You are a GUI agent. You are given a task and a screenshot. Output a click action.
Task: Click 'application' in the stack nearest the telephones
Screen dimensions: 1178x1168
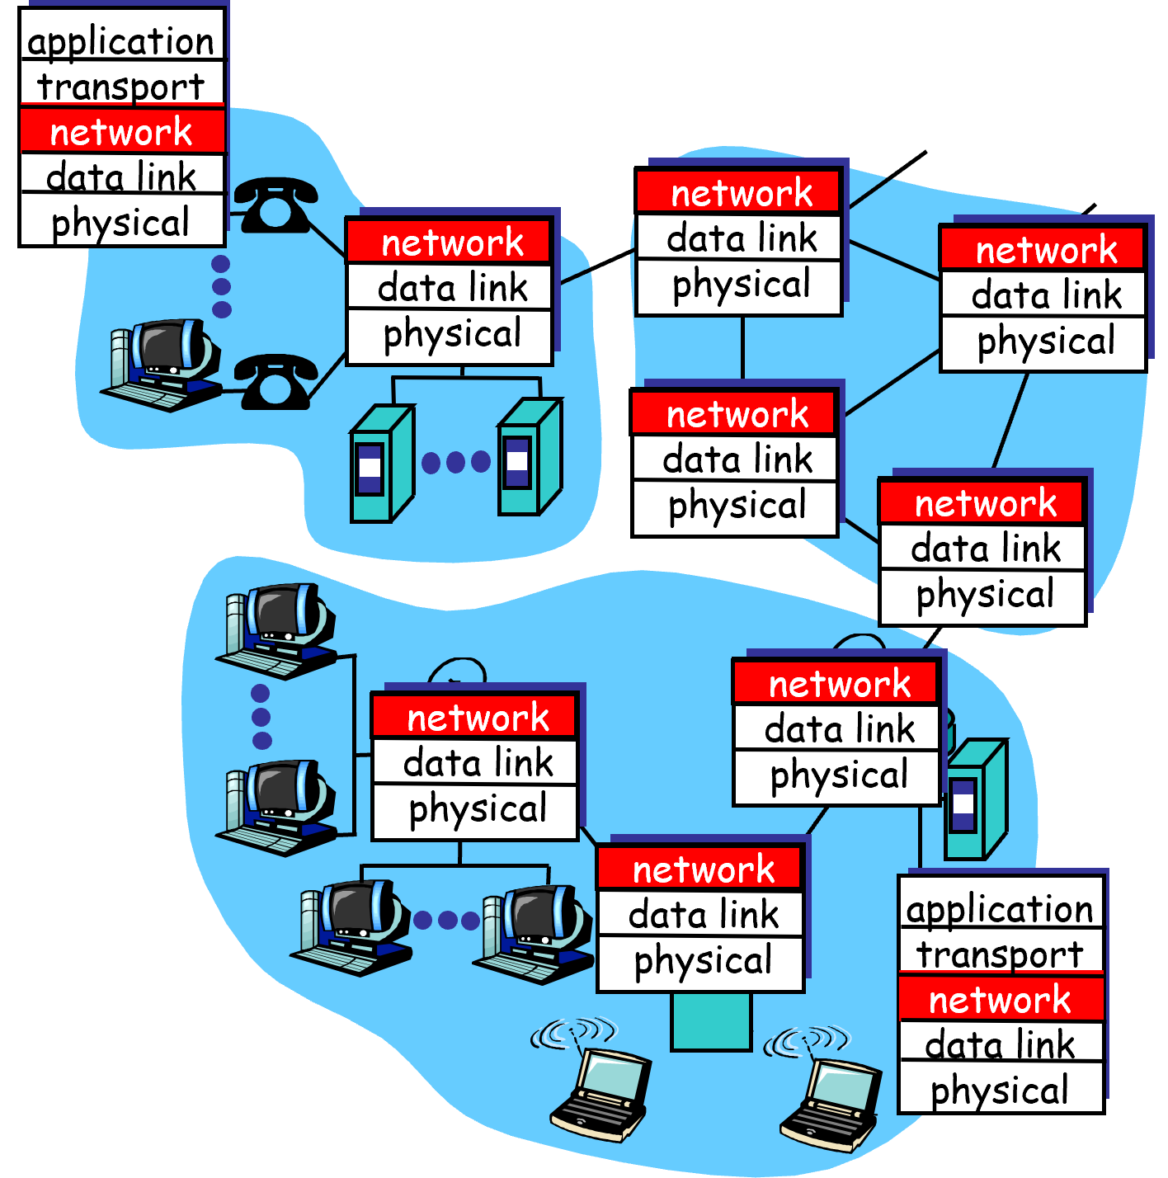pos(121,41)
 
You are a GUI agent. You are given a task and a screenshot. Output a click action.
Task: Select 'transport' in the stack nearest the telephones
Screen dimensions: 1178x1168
pos(121,87)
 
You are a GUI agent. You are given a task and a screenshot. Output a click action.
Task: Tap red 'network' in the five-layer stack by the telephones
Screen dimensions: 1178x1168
pos(121,132)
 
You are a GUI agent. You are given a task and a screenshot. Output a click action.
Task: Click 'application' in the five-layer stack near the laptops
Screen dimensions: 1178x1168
pos(1000,909)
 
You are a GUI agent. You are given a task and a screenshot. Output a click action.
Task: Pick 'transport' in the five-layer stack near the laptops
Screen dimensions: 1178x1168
pos(1000,954)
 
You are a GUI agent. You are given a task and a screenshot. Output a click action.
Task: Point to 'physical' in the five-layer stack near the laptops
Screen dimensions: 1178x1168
pos(1000,1091)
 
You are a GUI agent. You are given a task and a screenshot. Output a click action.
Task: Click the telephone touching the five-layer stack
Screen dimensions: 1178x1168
pos(275,204)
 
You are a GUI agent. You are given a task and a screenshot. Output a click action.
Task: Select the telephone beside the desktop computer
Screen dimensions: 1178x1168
pos(275,381)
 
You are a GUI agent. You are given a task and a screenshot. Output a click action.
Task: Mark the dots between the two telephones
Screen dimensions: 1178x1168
pos(221,286)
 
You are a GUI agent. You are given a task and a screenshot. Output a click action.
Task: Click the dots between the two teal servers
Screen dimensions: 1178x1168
pos(455,462)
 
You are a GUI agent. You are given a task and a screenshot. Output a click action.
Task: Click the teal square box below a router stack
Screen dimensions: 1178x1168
pos(711,1020)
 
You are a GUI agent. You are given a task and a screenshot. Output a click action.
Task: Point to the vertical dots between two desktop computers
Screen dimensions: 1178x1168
pos(261,716)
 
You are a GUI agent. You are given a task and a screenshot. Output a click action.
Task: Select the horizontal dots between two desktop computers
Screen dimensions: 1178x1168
pos(446,920)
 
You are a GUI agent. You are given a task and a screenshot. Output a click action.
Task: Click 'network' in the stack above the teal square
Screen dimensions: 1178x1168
pos(703,869)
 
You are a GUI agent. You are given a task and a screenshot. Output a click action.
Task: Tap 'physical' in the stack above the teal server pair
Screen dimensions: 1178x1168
pos(452,334)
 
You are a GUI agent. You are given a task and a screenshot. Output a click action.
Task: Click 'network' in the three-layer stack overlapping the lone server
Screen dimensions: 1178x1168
pos(839,684)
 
